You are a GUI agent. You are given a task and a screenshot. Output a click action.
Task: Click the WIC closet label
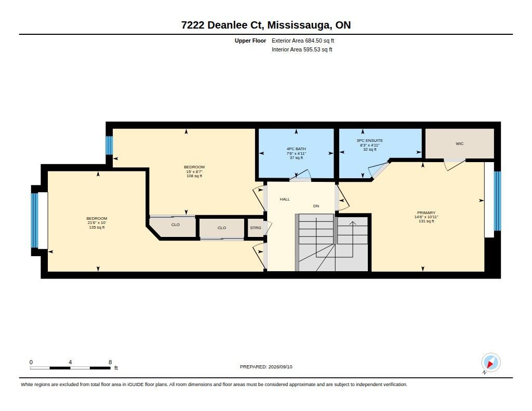pyautogui.click(x=459, y=143)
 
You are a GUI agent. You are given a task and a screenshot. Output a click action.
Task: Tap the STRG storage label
pyautogui.click(x=256, y=228)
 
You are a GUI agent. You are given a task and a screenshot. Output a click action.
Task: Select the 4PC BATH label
pyautogui.click(x=296, y=149)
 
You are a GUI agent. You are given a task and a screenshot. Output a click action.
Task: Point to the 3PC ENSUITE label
pyautogui.click(x=369, y=140)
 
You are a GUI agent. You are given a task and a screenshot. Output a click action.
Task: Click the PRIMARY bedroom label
pyautogui.click(x=426, y=213)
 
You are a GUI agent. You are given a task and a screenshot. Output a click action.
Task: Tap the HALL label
pyautogui.click(x=285, y=199)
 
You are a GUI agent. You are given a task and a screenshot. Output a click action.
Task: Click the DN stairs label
pyautogui.click(x=316, y=206)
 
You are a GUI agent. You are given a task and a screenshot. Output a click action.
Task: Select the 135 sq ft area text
pyautogui.click(x=97, y=228)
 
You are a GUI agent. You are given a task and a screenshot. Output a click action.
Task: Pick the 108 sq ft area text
pyautogui.click(x=194, y=176)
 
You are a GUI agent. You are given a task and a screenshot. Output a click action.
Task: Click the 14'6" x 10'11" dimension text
pyautogui.click(x=426, y=217)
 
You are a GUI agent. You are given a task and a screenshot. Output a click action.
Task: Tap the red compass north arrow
pyautogui.click(x=490, y=364)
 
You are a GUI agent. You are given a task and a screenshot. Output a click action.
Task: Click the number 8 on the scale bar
pyautogui.click(x=110, y=362)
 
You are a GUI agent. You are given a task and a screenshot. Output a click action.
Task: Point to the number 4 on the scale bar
pyautogui.click(x=70, y=362)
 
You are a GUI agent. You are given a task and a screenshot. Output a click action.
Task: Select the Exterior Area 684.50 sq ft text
pyautogui.click(x=303, y=41)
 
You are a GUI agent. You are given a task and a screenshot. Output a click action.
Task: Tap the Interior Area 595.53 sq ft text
pyautogui.click(x=302, y=49)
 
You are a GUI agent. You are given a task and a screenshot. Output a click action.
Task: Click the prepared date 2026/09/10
pyautogui.click(x=280, y=366)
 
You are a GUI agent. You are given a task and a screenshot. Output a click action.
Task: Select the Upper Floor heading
pyautogui.click(x=250, y=41)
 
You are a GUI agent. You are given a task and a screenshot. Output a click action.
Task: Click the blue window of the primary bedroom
pyautogui.click(x=497, y=201)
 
